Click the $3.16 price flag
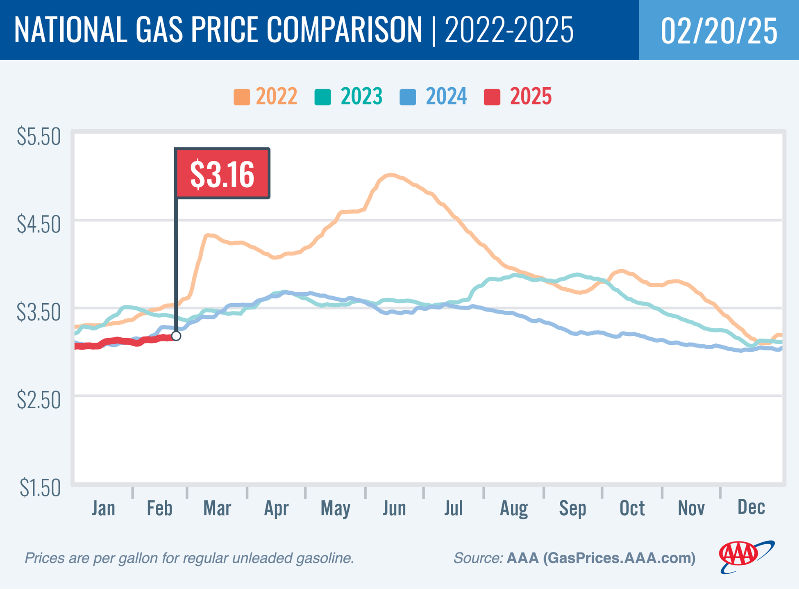[222, 174]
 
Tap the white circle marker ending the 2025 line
[176, 336]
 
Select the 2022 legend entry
[266, 97]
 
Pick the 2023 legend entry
[349, 97]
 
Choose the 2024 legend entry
[434, 97]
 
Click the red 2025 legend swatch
[492, 97]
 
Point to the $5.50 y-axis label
[39, 137]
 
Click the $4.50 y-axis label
[39, 225]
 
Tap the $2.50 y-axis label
[39, 400]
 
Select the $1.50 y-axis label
[40, 488]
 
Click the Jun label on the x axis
[394, 508]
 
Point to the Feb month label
[159, 508]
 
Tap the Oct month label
[632, 508]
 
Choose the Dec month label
[751, 507]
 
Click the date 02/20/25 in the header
[719, 31]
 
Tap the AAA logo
[746, 557]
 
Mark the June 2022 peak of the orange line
[391, 175]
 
